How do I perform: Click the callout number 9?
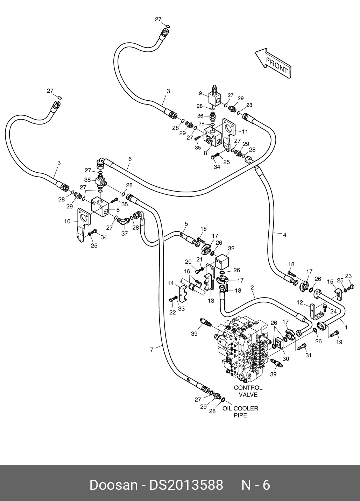tap(200, 93)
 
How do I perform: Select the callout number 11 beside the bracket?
tap(245, 131)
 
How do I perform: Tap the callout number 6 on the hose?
tap(130, 159)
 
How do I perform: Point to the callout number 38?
tap(87, 180)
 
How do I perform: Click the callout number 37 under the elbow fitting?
tap(124, 234)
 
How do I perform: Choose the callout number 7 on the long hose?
tap(152, 349)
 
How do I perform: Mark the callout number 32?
tap(231, 248)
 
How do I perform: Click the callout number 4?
tap(284, 235)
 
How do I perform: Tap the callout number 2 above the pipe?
tap(252, 288)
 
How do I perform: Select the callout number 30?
tap(285, 359)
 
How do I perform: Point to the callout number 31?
tap(308, 356)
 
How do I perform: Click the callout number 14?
tap(170, 283)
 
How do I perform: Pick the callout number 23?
tap(348, 276)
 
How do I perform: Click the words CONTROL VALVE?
tap(248, 391)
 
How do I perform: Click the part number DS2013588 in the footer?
tap(186, 485)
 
